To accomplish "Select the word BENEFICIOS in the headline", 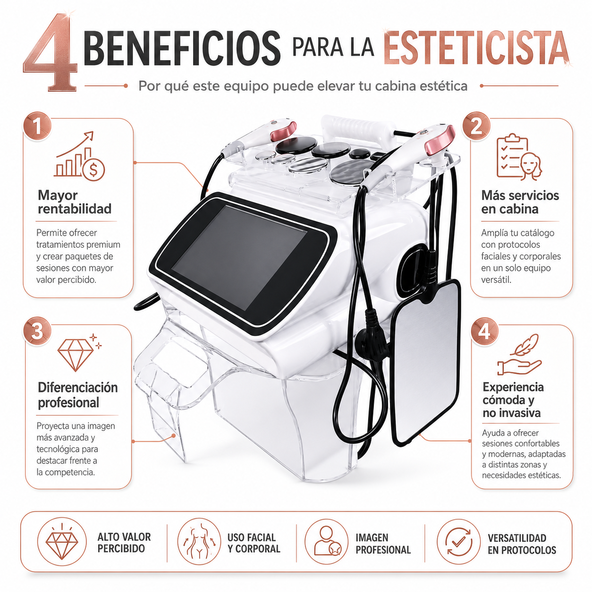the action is pyautogui.click(x=182, y=47).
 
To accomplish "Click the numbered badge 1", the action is pyautogui.click(x=37, y=126).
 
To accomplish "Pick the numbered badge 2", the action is pyautogui.click(x=476, y=126).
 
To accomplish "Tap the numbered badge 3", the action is pyautogui.click(x=37, y=331).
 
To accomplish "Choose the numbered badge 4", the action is pyautogui.click(x=484, y=331).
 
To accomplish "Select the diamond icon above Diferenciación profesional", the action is pyautogui.click(x=79, y=352).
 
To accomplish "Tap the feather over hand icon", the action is pyautogui.click(x=519, y=354).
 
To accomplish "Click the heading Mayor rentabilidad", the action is pyautogui.click(x=74, y=202).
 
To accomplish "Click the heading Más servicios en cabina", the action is pyautogui.click(x=520, y=202).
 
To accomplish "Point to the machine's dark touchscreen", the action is pyautogui.click(x=239, y=257).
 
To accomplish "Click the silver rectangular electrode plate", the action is pyautogui.click(x=426, y=363).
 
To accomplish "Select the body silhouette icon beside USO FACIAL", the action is pyautogui.click(x=199, y=543).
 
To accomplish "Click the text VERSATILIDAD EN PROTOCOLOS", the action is pyautogui.click(x=522, y=544).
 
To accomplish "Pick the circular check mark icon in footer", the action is pyautogui.click(x=458, y=543).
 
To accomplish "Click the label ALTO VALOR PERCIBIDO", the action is pyautogui.click(x=124, y=543).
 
